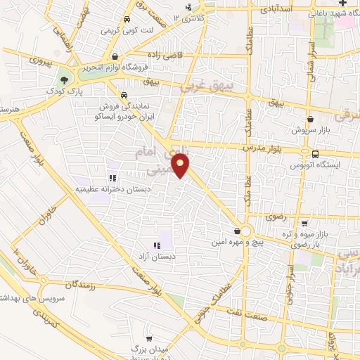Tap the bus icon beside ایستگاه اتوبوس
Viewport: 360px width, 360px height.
coord(314,154)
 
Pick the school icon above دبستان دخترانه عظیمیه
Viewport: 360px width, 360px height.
coord(112,177)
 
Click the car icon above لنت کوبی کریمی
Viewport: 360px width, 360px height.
coord(126,20)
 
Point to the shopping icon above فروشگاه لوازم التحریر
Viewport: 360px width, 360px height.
coord(115,58)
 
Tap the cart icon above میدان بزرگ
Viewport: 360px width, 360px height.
coord(148,338)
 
